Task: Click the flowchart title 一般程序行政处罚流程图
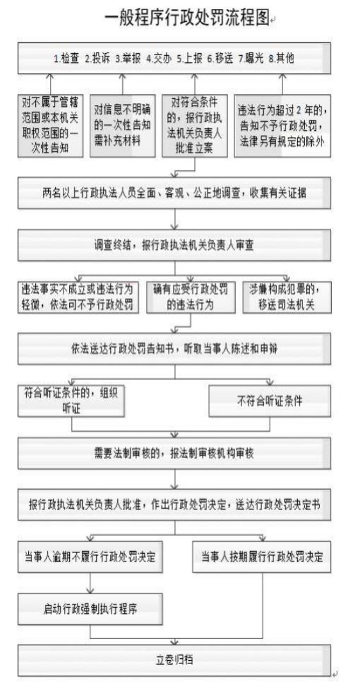point(188,19)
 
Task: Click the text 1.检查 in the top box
point(67,59)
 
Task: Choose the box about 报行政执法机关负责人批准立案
point(194,126)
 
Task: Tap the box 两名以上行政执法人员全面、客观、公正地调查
point(174,193)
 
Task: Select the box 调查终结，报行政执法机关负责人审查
point(174,245)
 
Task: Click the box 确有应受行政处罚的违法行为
point(190,297)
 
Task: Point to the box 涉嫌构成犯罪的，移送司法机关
point(286,297)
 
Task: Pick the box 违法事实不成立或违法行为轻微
point(78,297)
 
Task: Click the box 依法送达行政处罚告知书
point(174,349)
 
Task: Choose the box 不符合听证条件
point(270,401)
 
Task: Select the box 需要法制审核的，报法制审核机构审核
point(174,453)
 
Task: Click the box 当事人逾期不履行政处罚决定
point(90,557)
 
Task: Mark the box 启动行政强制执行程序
point(90,608)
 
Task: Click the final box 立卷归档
point(174,660)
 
